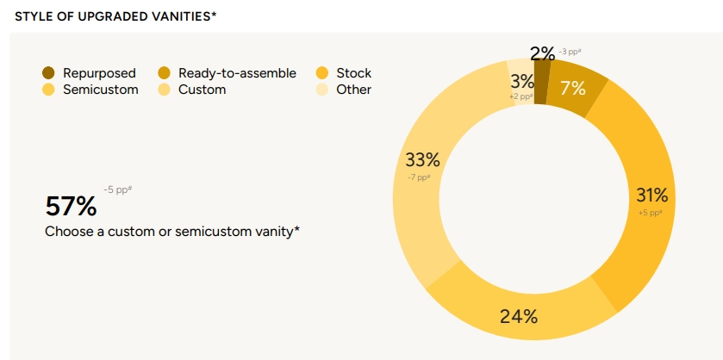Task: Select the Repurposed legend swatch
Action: coord(47,73)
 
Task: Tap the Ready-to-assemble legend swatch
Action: coord(165,73)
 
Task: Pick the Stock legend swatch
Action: coord(322,73)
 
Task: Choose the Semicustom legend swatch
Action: coord(47,90)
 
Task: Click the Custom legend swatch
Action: coord(165,90)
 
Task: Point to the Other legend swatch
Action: coord(322,90)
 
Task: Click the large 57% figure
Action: coord(71,207)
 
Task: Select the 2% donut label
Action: coord(542,53)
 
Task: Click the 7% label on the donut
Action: coord(572,88)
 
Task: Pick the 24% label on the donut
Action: coord(519,316)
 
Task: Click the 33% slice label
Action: coord(422,160)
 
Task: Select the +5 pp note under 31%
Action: coord(650,213)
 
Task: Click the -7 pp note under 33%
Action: coord(418,177)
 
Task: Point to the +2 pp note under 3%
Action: coord(520,96)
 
